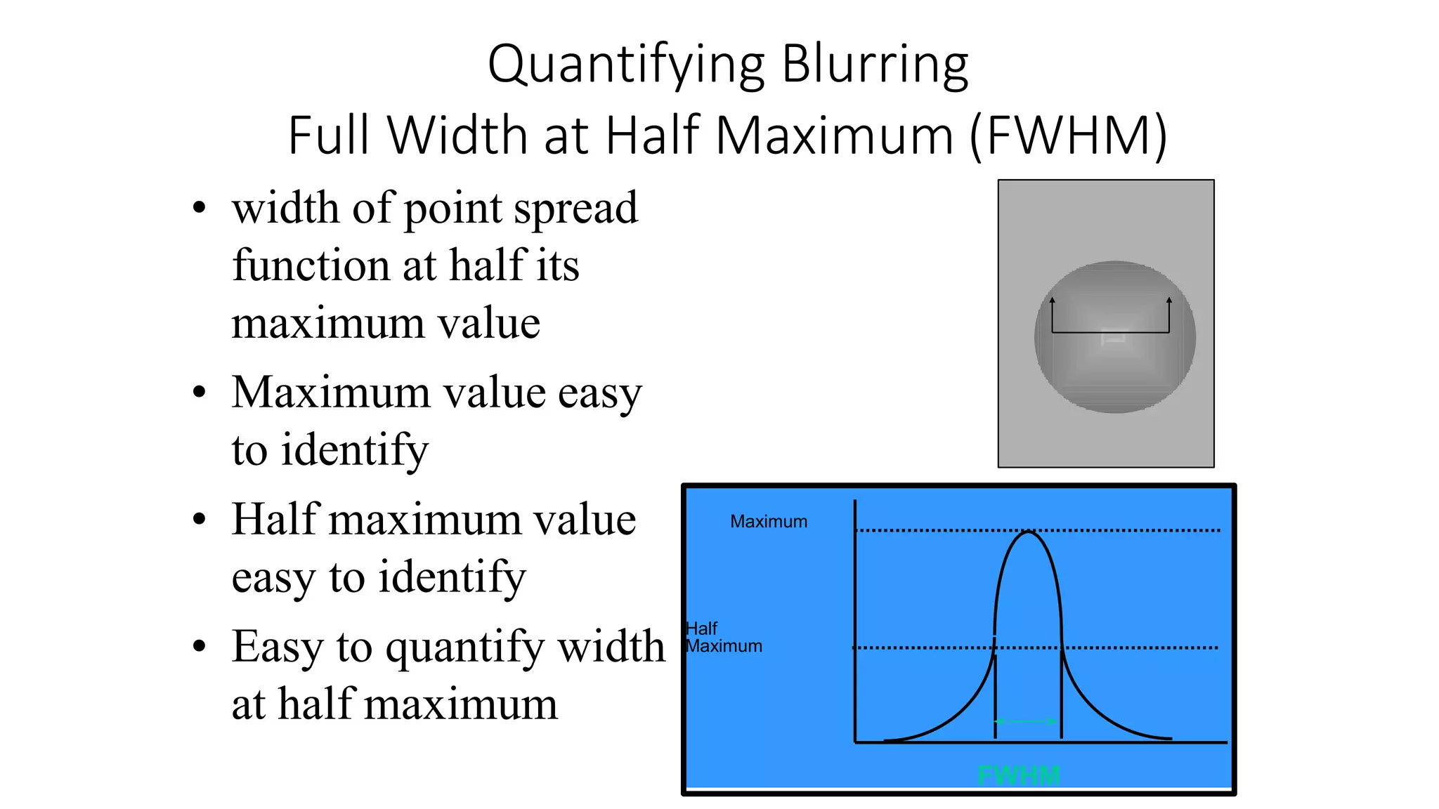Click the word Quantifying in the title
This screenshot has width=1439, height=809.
click(626, 65)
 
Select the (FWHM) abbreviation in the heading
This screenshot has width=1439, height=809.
click(1069, 136)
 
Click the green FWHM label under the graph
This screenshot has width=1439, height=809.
click(1019, 775)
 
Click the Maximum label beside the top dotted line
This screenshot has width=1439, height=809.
click(769, 522)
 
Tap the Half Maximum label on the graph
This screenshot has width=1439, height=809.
click(723, 638)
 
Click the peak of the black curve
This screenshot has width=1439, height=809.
click(1029, 533)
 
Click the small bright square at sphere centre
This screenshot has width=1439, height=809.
click(1113, 338)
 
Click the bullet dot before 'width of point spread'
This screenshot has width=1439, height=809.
click(200, 208)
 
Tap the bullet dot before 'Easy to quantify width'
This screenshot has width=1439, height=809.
click(200, 646)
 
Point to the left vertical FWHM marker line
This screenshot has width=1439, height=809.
click(995, 695)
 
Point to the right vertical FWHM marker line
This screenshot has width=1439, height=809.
click(1061, 695)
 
